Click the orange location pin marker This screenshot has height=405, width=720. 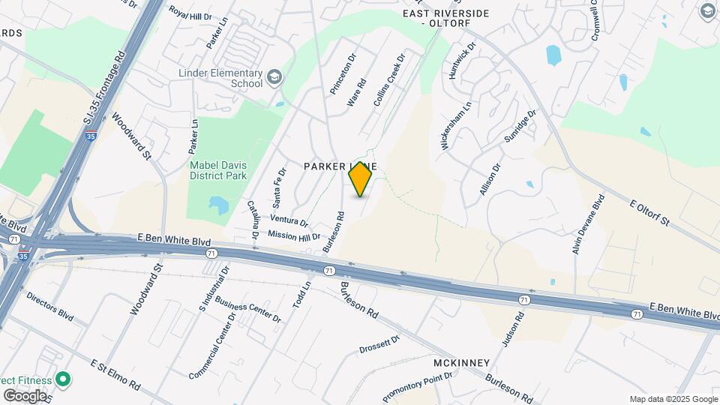(360, 179)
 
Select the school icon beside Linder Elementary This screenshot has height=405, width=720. (274, 76)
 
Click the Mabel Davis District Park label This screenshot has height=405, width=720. (218, 170)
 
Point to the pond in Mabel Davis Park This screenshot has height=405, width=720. (218, 204)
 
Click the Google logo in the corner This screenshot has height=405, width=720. (25, 395)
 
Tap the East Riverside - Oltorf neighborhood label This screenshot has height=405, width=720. (445, 18)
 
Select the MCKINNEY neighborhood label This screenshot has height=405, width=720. (461, 363)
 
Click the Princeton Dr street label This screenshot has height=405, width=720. (340, 73)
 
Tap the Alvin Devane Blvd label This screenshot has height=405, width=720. (588, 225)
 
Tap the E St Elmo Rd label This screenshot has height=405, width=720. (115, 375)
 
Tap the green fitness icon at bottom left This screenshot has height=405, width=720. (63, 379)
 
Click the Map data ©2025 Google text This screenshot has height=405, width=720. (673, 399)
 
